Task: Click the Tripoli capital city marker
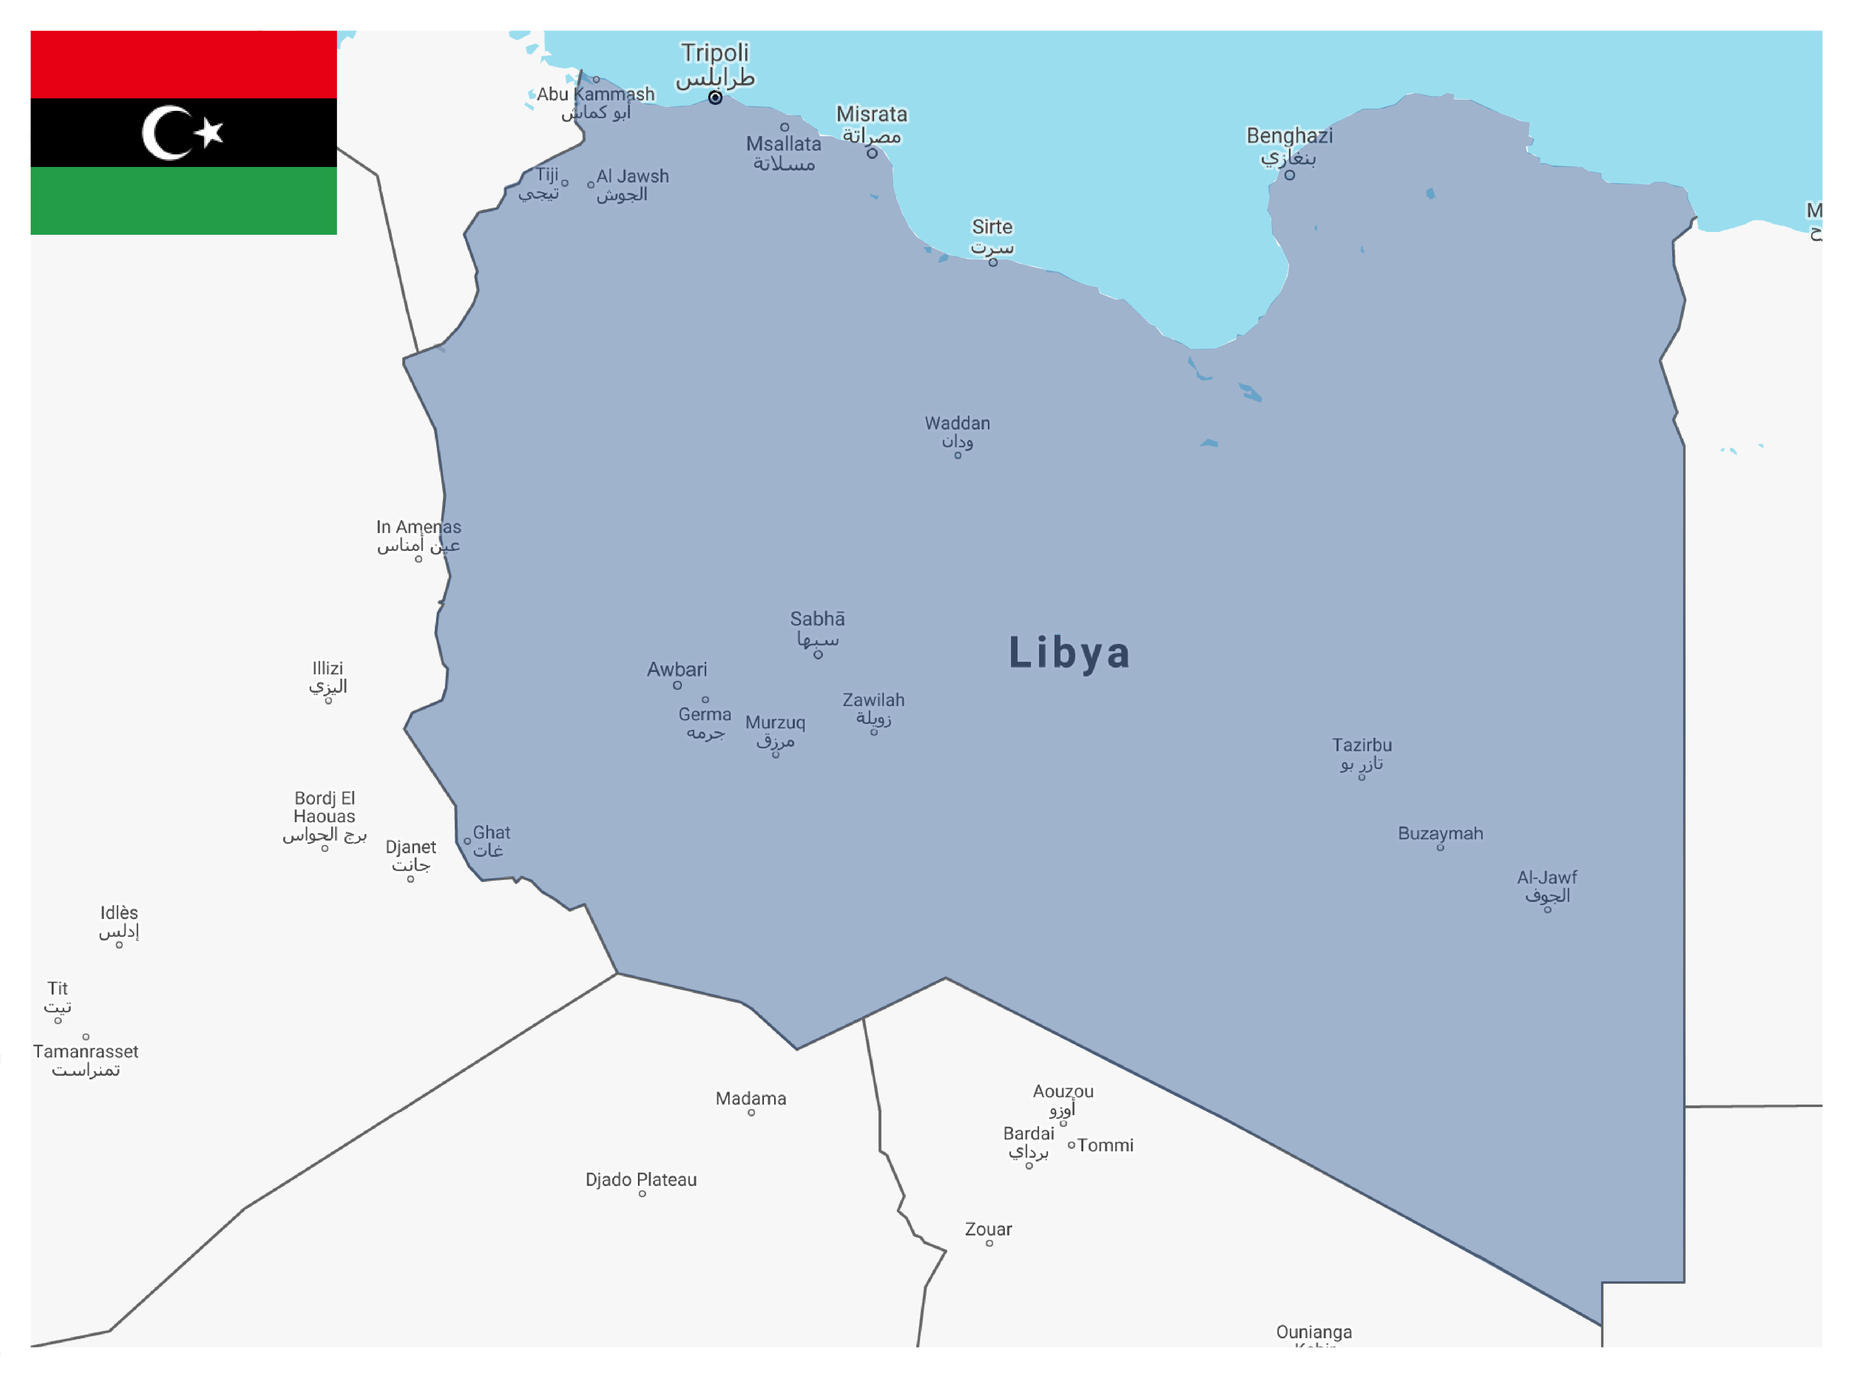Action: coord(715,97)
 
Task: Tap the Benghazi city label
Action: coord(1289,136)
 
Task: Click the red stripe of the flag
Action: coord(184,64)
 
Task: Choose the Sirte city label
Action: coord(992,227)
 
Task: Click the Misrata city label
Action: coord(872,114)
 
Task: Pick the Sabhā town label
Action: coord(818,619)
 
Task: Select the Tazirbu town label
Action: coord(1362,745)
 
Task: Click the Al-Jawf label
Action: coord(1547,877)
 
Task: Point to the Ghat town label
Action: coord(491,832)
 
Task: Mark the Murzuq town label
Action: coord(775,722)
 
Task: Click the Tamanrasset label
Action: coord(86,1051)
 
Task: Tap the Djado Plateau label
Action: coord(641,1179)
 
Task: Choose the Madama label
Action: coord(751,1098)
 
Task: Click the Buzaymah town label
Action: coord(1440,833)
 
